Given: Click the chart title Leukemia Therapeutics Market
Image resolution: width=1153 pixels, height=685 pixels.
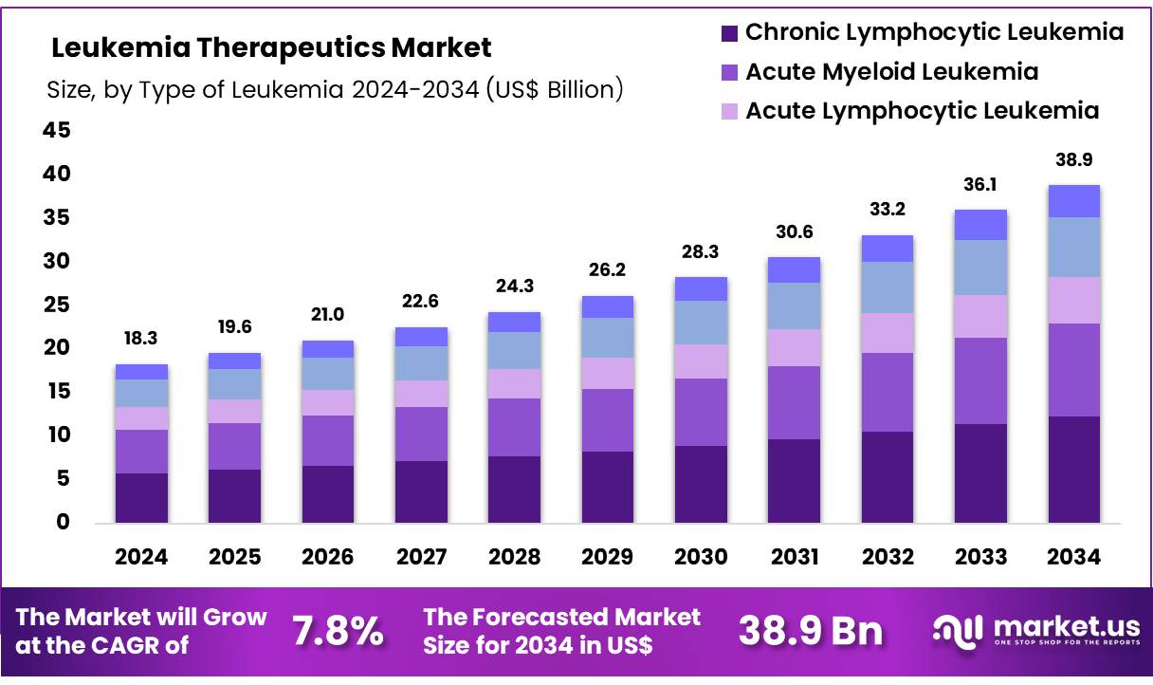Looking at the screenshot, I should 271,47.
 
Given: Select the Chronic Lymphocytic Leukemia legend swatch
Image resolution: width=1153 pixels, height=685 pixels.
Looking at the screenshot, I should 729,33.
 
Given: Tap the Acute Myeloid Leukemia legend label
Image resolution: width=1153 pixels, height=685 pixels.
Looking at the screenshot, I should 891,72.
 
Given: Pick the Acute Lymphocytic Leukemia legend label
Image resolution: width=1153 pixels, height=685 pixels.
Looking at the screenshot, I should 922,111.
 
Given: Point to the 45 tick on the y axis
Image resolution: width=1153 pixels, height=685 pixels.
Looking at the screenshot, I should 57,131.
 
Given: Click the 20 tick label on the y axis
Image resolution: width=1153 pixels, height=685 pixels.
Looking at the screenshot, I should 57,348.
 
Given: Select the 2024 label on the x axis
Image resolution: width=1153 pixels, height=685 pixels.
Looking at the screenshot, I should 141,558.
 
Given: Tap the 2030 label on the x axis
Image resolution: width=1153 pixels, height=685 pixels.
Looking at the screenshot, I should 701,558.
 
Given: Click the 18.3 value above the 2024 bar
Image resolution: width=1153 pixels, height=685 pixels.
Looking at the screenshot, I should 141,339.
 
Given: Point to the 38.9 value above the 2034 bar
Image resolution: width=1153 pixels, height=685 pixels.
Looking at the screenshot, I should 1073,159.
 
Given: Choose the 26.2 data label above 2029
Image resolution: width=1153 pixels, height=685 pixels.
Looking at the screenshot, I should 608,270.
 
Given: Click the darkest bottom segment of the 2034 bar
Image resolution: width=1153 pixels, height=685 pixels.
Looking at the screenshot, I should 1073,470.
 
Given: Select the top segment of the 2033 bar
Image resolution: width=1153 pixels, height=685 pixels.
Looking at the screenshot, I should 980,225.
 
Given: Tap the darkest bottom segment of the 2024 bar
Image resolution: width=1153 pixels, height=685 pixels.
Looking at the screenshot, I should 141,498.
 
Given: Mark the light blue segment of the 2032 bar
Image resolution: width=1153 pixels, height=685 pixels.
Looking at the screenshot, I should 888,287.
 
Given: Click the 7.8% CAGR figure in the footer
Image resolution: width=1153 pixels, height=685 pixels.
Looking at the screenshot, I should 337,631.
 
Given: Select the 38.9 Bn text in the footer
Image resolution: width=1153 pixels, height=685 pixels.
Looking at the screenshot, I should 810,631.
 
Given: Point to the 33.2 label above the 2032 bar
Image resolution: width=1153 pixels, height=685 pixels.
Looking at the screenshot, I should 888,210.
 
